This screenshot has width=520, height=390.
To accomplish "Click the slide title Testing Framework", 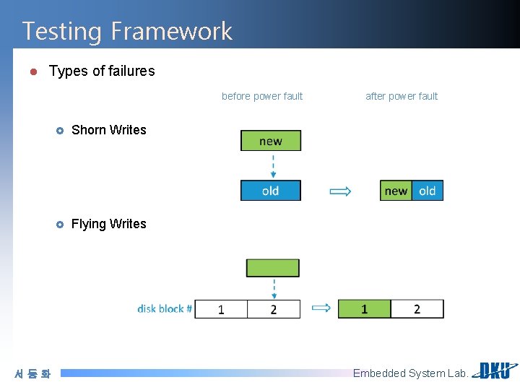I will (x=127, y=31).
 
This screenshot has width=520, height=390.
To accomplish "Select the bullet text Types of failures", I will (x=102, y=71).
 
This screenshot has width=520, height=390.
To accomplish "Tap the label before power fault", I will (x=262, y=96).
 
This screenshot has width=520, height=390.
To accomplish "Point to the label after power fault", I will (x=402, y=96).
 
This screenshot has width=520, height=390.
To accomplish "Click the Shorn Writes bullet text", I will (x=109, y=130).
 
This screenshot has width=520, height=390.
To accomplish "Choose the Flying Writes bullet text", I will (x=108, y=224).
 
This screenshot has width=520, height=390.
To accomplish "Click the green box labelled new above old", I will (x=271, y=141).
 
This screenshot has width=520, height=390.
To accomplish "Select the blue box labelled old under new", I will (x=271, y=191).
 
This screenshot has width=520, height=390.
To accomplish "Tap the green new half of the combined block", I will (x=396, y=191).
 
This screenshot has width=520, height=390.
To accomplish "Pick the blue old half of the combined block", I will (x=428, y=191).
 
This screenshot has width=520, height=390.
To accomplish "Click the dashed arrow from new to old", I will (x=273, y=165).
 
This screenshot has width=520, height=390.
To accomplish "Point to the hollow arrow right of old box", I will (x=340, y=191).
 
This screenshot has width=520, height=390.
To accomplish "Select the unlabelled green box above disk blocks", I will (x=272, y=268).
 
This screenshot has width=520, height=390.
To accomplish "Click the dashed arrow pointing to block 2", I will (x=274, y=287).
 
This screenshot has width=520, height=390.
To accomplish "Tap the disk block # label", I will (x=165, y=309).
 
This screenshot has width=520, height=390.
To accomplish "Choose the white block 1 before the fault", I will (x=221, y=309).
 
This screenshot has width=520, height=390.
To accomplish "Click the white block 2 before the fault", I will (x=273, y=309).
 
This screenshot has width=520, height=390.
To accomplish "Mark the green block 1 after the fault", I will (x=364, y=309).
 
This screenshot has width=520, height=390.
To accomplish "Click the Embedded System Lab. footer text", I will (x=410, y=373).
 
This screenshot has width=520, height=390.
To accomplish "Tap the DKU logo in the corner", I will (x=494, y=370).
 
